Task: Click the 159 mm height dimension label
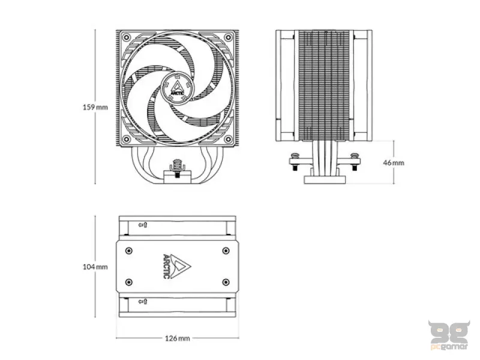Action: click(95, 107)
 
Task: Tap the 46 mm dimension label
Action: click(394, 163)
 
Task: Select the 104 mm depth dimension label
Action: click(95, 267)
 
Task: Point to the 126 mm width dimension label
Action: click(178, 338)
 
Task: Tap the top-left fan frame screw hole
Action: click(126, 37)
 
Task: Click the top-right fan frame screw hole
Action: click(228, 37)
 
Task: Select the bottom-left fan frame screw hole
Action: click(126, 139)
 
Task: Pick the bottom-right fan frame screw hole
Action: click(228, 139)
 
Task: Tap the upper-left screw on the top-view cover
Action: click(129, 251)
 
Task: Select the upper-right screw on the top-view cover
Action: click(226, 251)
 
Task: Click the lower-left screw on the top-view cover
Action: click(129, 282)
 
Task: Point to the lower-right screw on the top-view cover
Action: click(226, 282)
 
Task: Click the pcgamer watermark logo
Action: click(449, 335)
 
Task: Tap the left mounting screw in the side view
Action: click(295, 161)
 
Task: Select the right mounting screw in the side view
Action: click(355, 161)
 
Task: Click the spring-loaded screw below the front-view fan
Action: click(177, 168)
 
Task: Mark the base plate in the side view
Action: click(325, 179)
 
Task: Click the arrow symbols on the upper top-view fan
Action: click(143, 225)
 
